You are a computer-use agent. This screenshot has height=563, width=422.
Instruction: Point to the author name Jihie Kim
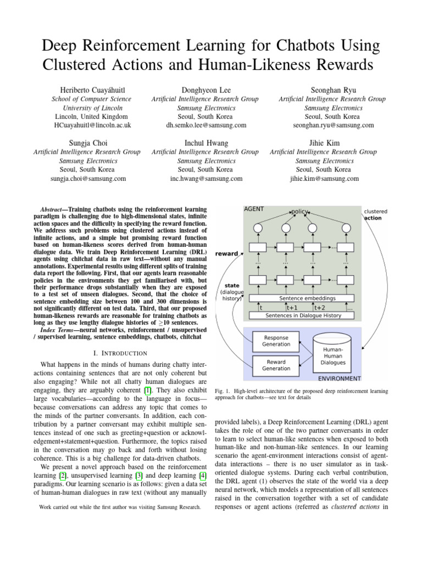[x=324, y=142]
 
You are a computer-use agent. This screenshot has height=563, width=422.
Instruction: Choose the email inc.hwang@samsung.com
[x=206, y=179]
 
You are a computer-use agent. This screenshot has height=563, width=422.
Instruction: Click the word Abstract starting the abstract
[x=53, y=209]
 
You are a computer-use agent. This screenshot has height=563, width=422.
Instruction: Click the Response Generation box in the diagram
[x=276, y=340]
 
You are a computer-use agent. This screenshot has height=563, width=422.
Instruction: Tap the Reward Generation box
[x=276, y=366]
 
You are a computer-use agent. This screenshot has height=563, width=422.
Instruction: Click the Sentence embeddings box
[x=307, y=298]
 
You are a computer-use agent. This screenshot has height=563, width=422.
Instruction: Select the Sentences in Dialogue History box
[x=303, y=316]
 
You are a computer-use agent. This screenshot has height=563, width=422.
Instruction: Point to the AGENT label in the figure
[x=253, y=209]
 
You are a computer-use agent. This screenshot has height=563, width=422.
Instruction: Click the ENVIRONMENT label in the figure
[x=340, y=378]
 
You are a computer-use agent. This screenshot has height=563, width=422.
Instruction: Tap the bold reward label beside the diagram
[x=227, y=253]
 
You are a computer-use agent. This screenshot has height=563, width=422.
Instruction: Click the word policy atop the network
[x=299, y=212]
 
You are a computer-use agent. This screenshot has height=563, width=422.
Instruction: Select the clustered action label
[x=375, y=214]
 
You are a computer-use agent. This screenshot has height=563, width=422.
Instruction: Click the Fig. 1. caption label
[x=221, y=391]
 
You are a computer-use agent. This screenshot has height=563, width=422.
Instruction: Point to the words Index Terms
[x=58, y=329]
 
